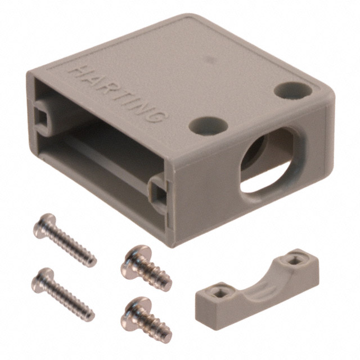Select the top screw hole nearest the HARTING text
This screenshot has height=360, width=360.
(204, 125)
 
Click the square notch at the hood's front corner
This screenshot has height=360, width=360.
(159, 193)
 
